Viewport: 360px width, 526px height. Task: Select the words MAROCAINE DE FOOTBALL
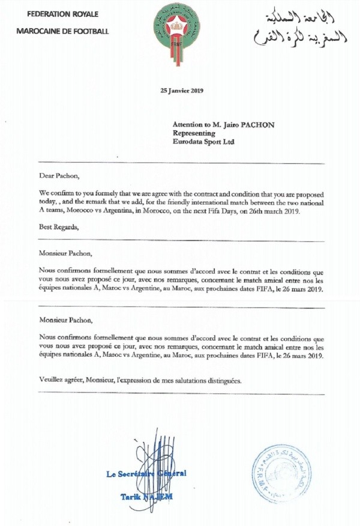[62, 31]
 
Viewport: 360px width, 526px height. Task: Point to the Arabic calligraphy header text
[300, 27]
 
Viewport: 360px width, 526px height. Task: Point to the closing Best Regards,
[59, 228]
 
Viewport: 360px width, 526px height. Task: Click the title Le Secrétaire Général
[146, 474]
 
